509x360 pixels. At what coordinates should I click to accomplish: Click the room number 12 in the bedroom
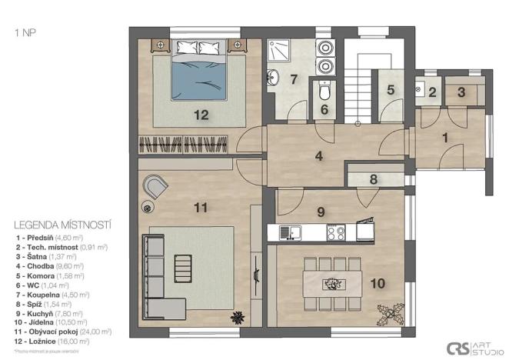point(201,115)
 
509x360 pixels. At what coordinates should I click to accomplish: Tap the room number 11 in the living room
point(201,207)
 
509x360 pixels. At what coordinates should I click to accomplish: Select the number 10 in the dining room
point(377,283)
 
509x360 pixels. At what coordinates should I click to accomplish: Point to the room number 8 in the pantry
point(373,180)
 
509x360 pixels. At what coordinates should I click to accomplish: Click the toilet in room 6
point(325,93)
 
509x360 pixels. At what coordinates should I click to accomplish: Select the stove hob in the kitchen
point(336,231)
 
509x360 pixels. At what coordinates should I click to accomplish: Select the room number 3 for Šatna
point(461,92)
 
